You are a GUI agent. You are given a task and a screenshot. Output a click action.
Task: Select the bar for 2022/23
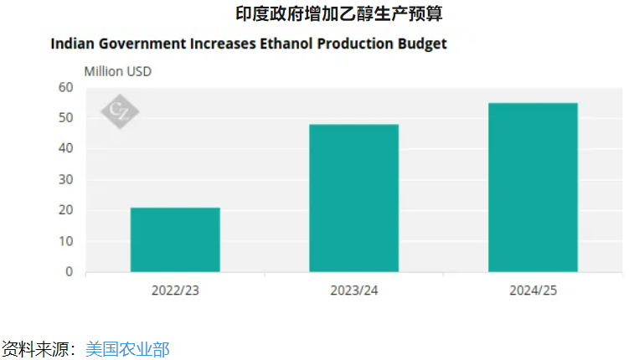174,239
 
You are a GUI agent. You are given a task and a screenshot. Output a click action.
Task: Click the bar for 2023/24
353,198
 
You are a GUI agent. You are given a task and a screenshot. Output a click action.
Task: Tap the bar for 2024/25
533,187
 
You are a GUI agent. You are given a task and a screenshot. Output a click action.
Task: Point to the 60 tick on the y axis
67,87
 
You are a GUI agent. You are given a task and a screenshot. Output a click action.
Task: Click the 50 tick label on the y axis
67,118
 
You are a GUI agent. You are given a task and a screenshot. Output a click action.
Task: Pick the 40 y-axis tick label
67,149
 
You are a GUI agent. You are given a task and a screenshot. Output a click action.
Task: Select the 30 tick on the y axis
67,180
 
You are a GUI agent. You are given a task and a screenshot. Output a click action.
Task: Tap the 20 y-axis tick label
67,210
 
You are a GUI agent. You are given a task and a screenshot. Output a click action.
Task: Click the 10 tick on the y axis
67,241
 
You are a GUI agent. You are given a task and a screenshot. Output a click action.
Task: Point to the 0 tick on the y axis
70,272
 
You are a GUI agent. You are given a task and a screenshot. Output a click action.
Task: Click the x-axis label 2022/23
175,291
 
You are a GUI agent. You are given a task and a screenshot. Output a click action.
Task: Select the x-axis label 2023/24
353,291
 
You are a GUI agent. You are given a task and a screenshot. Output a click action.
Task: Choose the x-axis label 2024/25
533,291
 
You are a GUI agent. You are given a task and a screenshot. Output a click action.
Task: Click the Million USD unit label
117,71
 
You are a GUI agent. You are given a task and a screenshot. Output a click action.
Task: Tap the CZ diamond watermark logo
120,112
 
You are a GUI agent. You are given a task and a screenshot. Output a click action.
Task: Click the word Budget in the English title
421,44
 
